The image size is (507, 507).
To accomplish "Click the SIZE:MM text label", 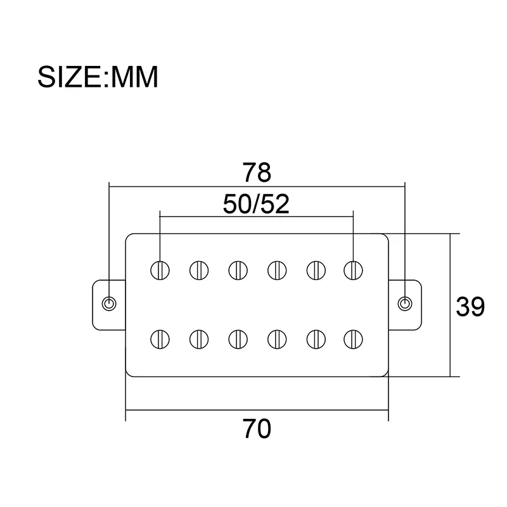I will tap(98, 77).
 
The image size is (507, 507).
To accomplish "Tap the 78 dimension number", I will tap(257, 172).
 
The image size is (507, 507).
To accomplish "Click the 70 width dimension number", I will tap(256, 429).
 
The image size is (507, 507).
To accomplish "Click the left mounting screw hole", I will tap(110, 304).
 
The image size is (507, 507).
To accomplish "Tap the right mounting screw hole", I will tap(404, 304).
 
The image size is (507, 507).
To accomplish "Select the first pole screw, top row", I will tap(160, 270).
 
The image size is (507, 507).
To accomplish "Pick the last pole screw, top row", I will tap(352, 270).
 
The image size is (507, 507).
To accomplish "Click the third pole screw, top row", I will tap(237, 270).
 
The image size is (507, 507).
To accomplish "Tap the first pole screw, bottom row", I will tap(160, 338).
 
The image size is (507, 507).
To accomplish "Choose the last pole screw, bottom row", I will tap(352, 338).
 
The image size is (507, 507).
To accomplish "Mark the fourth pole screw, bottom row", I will tap(276, 338).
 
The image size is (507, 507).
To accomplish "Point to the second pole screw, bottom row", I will tap(199, 338).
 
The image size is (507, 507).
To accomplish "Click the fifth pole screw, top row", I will tap(314, 270).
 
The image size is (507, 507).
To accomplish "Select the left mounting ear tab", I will tap(105, 304).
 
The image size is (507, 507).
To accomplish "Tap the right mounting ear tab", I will tap(409, 304).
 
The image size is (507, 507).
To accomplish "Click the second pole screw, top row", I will tap(199, 270).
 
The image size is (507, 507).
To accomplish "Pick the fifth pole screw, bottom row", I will tap(314, 338).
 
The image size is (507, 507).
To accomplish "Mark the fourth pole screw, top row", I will tap(276, 270).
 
